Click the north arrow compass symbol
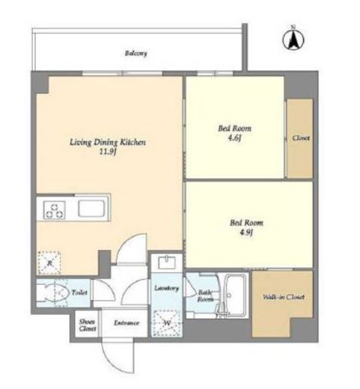(293, 39)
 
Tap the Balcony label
(135, 53)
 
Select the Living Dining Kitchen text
(108, 142)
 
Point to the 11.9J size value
(108, 152)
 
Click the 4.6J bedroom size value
(234, 138)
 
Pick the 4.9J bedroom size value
(246, 233)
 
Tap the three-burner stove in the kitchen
(55, 210)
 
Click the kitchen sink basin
(91, 209)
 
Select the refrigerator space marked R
(49, 263)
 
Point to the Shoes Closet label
(88, 325)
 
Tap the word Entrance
(126, 323)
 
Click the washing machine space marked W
(167, 323)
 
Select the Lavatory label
(166, 288)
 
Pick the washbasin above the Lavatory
(167, 263)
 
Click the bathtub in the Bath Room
(236, 295)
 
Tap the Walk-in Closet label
(284, 297)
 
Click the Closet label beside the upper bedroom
(301, 138)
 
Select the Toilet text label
(79, 292)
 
